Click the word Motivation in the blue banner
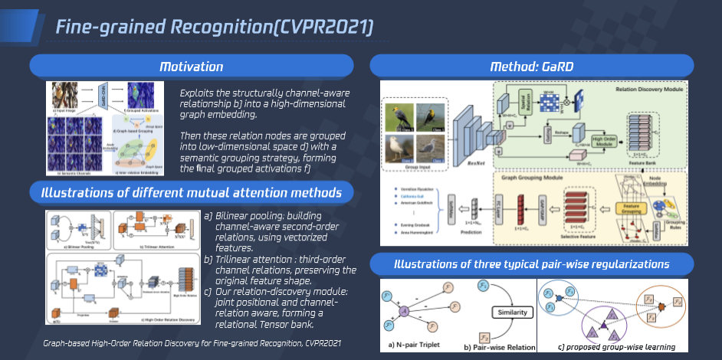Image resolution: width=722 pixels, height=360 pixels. coord(191,67)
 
